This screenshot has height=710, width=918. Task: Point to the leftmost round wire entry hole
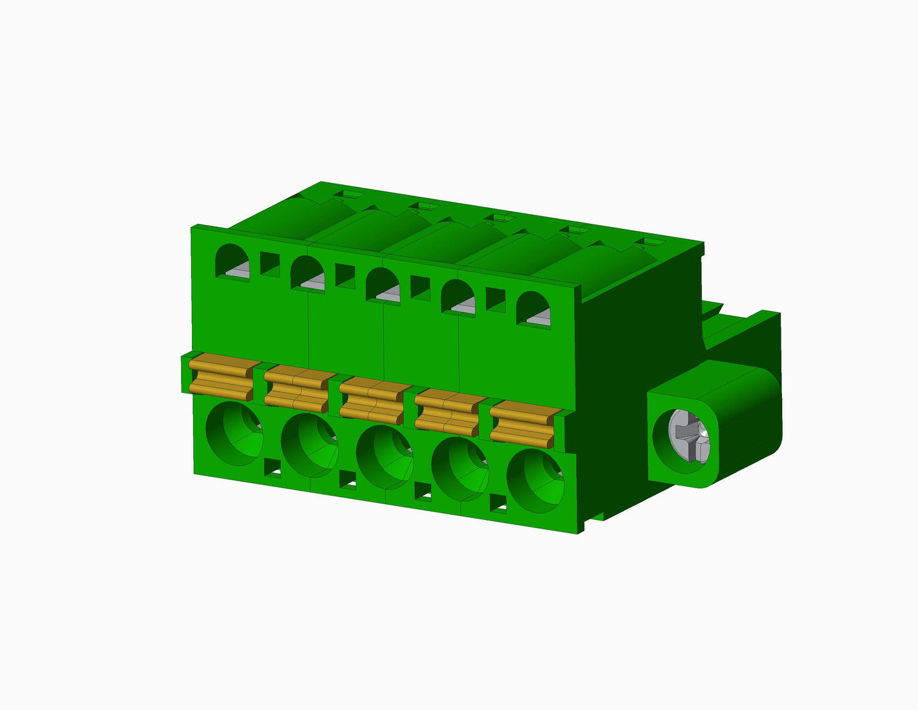[235, 434]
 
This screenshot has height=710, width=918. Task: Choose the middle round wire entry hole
[384, 457]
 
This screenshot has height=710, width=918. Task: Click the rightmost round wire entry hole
[535, 481]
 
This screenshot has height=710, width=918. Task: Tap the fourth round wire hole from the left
[460, 469]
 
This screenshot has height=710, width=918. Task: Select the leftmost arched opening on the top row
[233, 263]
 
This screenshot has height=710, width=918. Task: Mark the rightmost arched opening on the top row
[533, 310]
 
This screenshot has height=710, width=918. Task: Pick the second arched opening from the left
[308, 273]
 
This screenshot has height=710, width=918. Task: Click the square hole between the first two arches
[270, 264]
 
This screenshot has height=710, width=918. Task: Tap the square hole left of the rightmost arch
[496, 299]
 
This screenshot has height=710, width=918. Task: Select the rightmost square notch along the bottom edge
[499, 503]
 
